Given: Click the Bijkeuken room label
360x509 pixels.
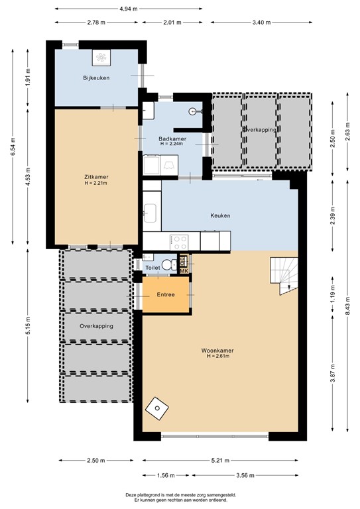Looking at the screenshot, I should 96,78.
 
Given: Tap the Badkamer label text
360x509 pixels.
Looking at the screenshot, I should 172,139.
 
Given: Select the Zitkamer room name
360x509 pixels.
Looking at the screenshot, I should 96,177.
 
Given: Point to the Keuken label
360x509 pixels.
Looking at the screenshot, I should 220,215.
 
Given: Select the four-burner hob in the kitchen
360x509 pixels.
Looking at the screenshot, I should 179,240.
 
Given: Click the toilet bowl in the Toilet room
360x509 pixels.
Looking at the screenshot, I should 175,264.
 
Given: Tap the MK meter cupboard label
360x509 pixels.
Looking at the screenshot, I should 184,270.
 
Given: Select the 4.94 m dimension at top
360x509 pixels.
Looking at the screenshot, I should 129,9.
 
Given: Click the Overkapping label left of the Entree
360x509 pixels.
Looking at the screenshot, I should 96,326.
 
